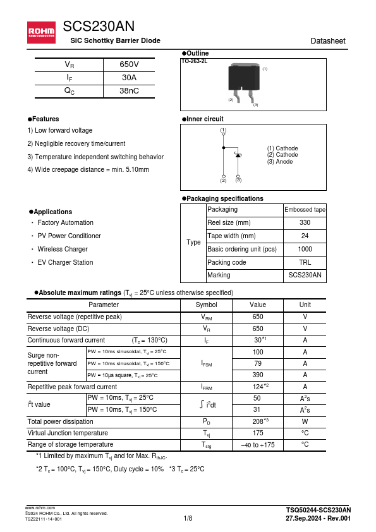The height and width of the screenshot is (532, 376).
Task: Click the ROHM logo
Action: (41, 30)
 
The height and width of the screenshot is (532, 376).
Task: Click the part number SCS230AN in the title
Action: (99, 26)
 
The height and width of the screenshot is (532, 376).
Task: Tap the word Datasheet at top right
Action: (328, 41)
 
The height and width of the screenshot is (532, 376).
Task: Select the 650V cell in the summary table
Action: (129, 64)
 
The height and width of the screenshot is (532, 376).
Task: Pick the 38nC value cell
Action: (129, 91)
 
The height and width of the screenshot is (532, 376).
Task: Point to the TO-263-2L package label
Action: (195, 61)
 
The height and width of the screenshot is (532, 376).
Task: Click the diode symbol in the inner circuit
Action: (238, 155)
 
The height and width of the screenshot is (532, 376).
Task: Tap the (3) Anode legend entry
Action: (280, 162)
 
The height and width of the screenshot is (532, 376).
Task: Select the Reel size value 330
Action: (305, 222)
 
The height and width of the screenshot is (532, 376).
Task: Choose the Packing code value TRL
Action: (305, 262)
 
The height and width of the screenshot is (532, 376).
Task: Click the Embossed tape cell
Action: (305, 210)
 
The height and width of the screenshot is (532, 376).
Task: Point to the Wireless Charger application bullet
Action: (63, 249)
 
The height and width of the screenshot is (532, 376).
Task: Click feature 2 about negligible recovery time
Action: (76, 143)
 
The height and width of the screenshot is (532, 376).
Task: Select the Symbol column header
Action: (207, 305)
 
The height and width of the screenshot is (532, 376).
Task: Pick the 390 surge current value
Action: (258, 375)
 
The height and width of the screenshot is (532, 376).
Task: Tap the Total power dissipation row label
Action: (61, 421)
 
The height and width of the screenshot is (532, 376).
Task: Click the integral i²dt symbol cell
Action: (207, 404)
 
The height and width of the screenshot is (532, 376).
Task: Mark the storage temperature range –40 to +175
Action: (258, 445)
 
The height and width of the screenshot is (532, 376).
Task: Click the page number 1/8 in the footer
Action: (188, 519)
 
